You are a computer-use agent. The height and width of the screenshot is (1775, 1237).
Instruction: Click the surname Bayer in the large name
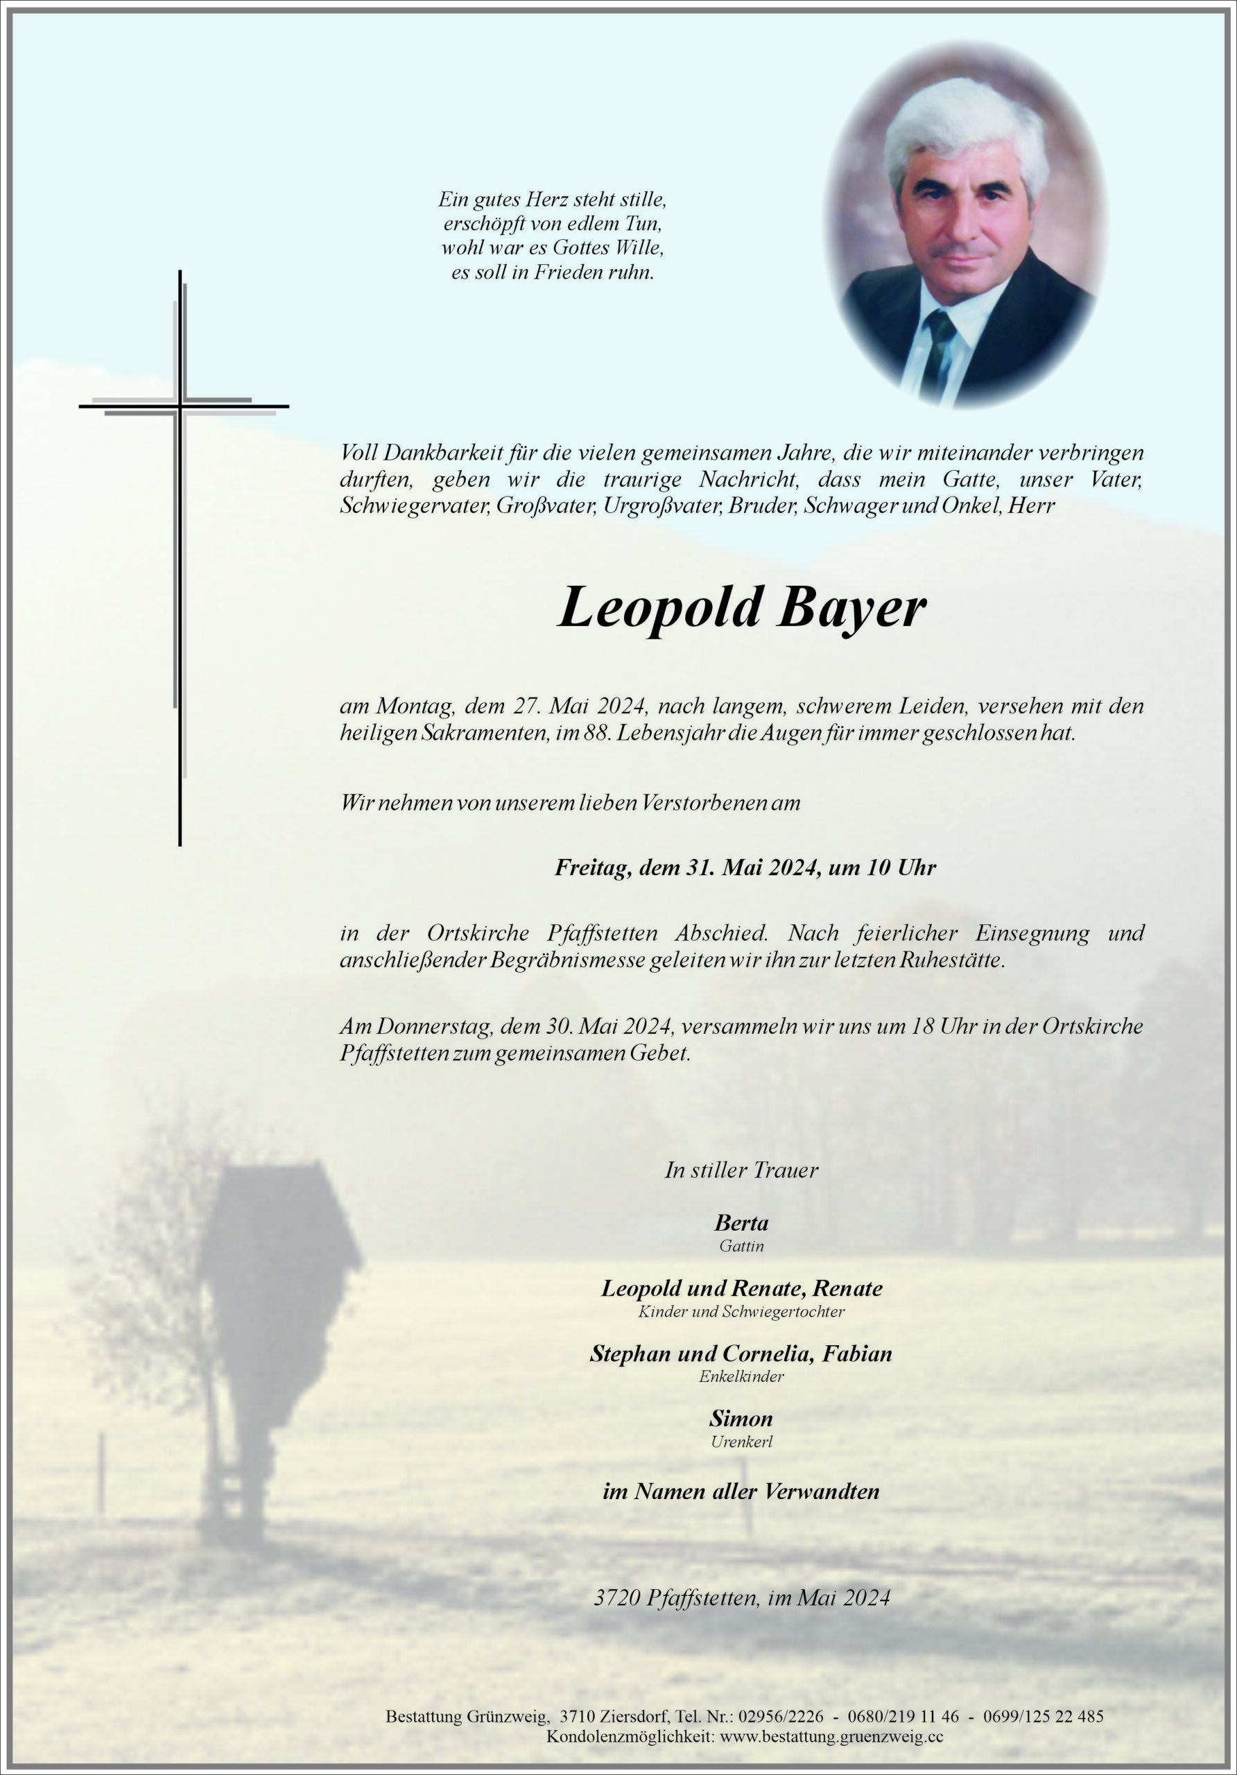[x=852, y=608]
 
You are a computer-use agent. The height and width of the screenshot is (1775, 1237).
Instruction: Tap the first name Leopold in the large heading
[x=661, y=608]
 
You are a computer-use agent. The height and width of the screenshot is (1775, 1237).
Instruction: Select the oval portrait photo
[x=966, y=225]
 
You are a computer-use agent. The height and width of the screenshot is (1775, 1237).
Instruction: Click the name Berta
[x=741, y=1223]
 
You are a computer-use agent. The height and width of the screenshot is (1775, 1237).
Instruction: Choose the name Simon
[x=741, y=1418]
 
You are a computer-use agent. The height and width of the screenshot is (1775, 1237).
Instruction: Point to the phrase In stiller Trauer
[x=741, y=1170]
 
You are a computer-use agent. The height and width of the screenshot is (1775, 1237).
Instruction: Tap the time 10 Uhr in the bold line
[x=901, y=867]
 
